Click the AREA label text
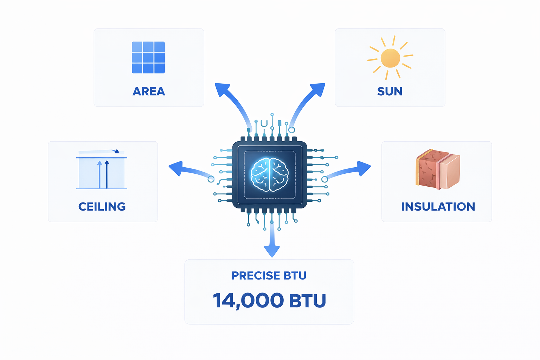[x=149, y=91]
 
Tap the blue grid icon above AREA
[x=148, y=57]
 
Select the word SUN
[x=390, y=91]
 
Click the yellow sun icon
[x=390, y=58]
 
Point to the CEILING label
[x=102, y=206]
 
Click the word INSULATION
[x=438, y=206]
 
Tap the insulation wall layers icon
[x=438, y=169]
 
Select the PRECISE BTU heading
[x=269, y=276]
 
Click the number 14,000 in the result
[x=248, y=301]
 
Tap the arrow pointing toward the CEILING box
[x=186, y=169]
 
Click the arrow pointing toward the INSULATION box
[x=352, y=170]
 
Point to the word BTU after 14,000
[x=308, y=301]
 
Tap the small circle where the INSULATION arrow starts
[x=325, y=179]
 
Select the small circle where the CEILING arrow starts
[x=211, y=179]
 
